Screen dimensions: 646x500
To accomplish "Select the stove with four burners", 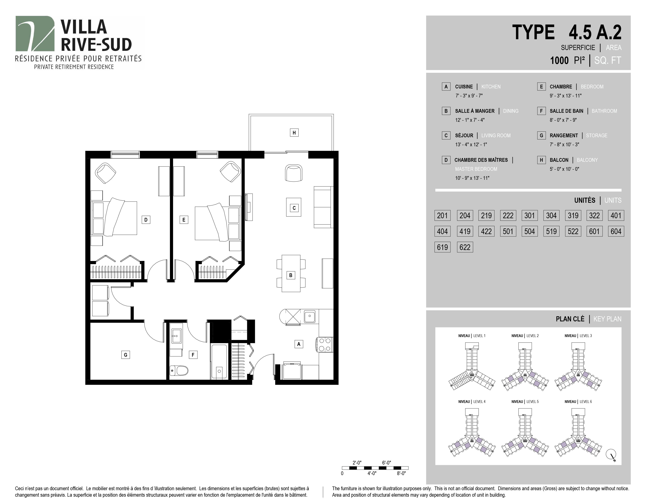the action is tap(325, 345).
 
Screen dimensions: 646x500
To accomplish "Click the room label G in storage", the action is tap(125, 355).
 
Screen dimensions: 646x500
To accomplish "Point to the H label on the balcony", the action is tap(294, 133).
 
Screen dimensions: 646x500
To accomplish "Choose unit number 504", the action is tap(530, 231).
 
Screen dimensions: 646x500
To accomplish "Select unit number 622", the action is tap(465, 247).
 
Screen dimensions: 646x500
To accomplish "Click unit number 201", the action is tap(442, 215).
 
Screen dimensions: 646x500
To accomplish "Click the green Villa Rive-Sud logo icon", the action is tap(35, 34).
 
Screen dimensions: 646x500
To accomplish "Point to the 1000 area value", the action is tap(559, 60).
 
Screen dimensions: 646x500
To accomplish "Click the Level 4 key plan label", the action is tap(472, 402).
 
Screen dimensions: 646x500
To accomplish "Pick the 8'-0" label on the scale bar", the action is tap(401, 473).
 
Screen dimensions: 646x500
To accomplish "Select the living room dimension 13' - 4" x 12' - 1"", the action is tap(471, 145).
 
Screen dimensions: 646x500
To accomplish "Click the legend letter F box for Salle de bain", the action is tap(541, 111).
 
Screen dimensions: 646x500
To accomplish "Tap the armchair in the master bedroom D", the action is tap(105, 173).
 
